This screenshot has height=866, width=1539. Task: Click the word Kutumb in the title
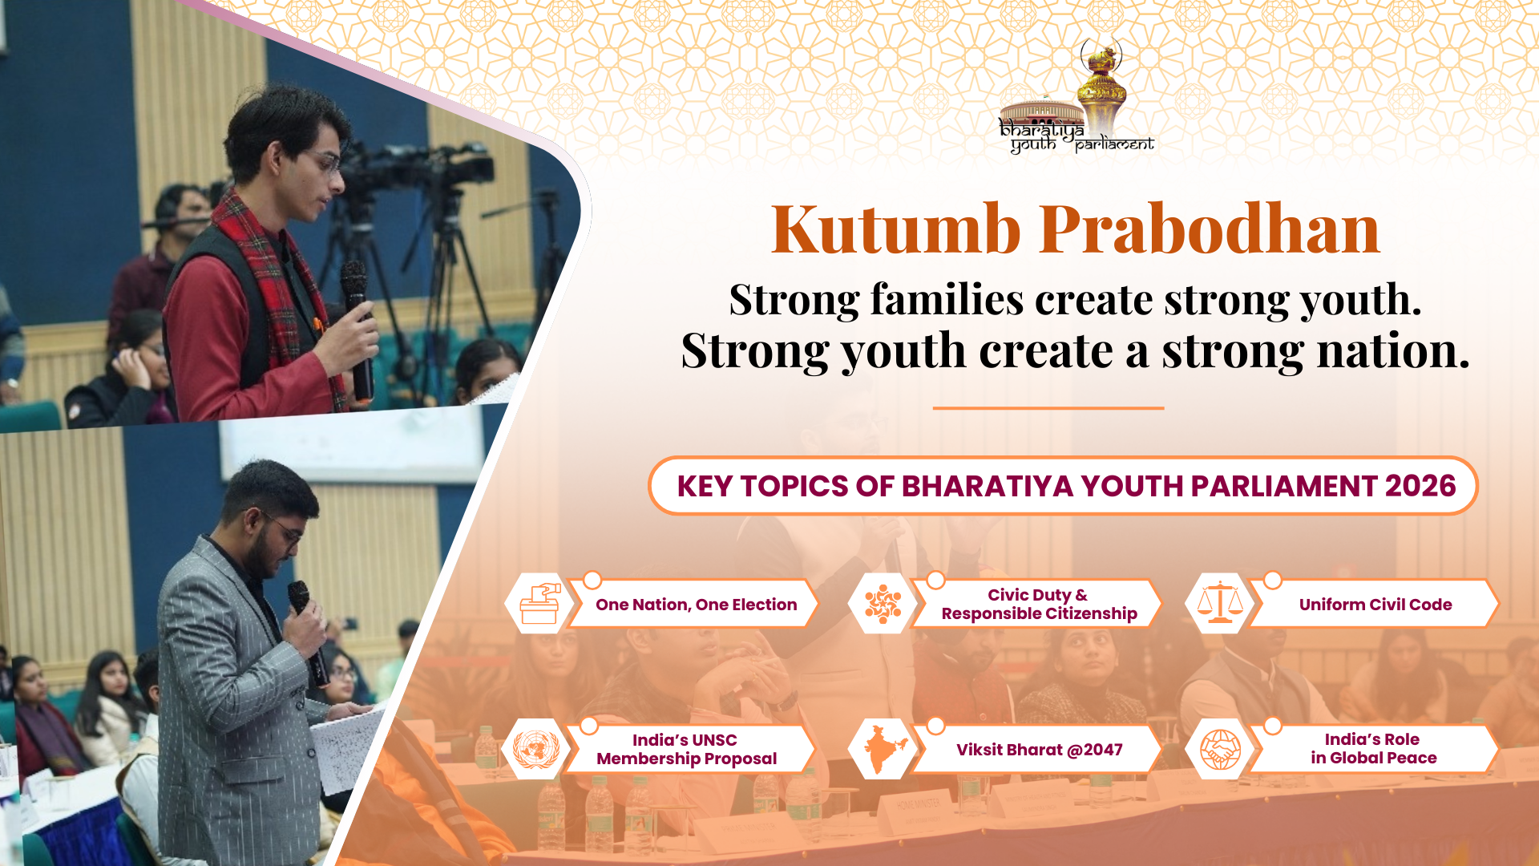[896, 229]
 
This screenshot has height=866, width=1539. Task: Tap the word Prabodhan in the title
[1210, 229]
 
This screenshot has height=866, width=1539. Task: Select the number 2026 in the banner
[1420, 486]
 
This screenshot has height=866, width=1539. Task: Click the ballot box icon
[539, 604]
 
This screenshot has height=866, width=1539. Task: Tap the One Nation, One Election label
[696, 605]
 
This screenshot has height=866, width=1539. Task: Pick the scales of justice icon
[1219, 602]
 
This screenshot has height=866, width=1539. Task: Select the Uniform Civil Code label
[1375, 605]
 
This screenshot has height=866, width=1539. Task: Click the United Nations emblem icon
[535, 750]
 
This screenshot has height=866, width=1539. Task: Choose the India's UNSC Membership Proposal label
[686, 749]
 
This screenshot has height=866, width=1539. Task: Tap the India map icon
[884, 749]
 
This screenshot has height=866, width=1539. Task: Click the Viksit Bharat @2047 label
[1039, 750]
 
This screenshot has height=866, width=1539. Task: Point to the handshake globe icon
[1220, 750]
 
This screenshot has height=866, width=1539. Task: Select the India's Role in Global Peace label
[1373, 748]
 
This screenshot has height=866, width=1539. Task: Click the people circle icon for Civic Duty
[883, 604]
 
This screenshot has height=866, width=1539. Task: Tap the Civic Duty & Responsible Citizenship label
[1039, 604]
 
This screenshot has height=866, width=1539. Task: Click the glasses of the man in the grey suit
[282, 527]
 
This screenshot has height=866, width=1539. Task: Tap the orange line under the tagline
[1048, 408]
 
